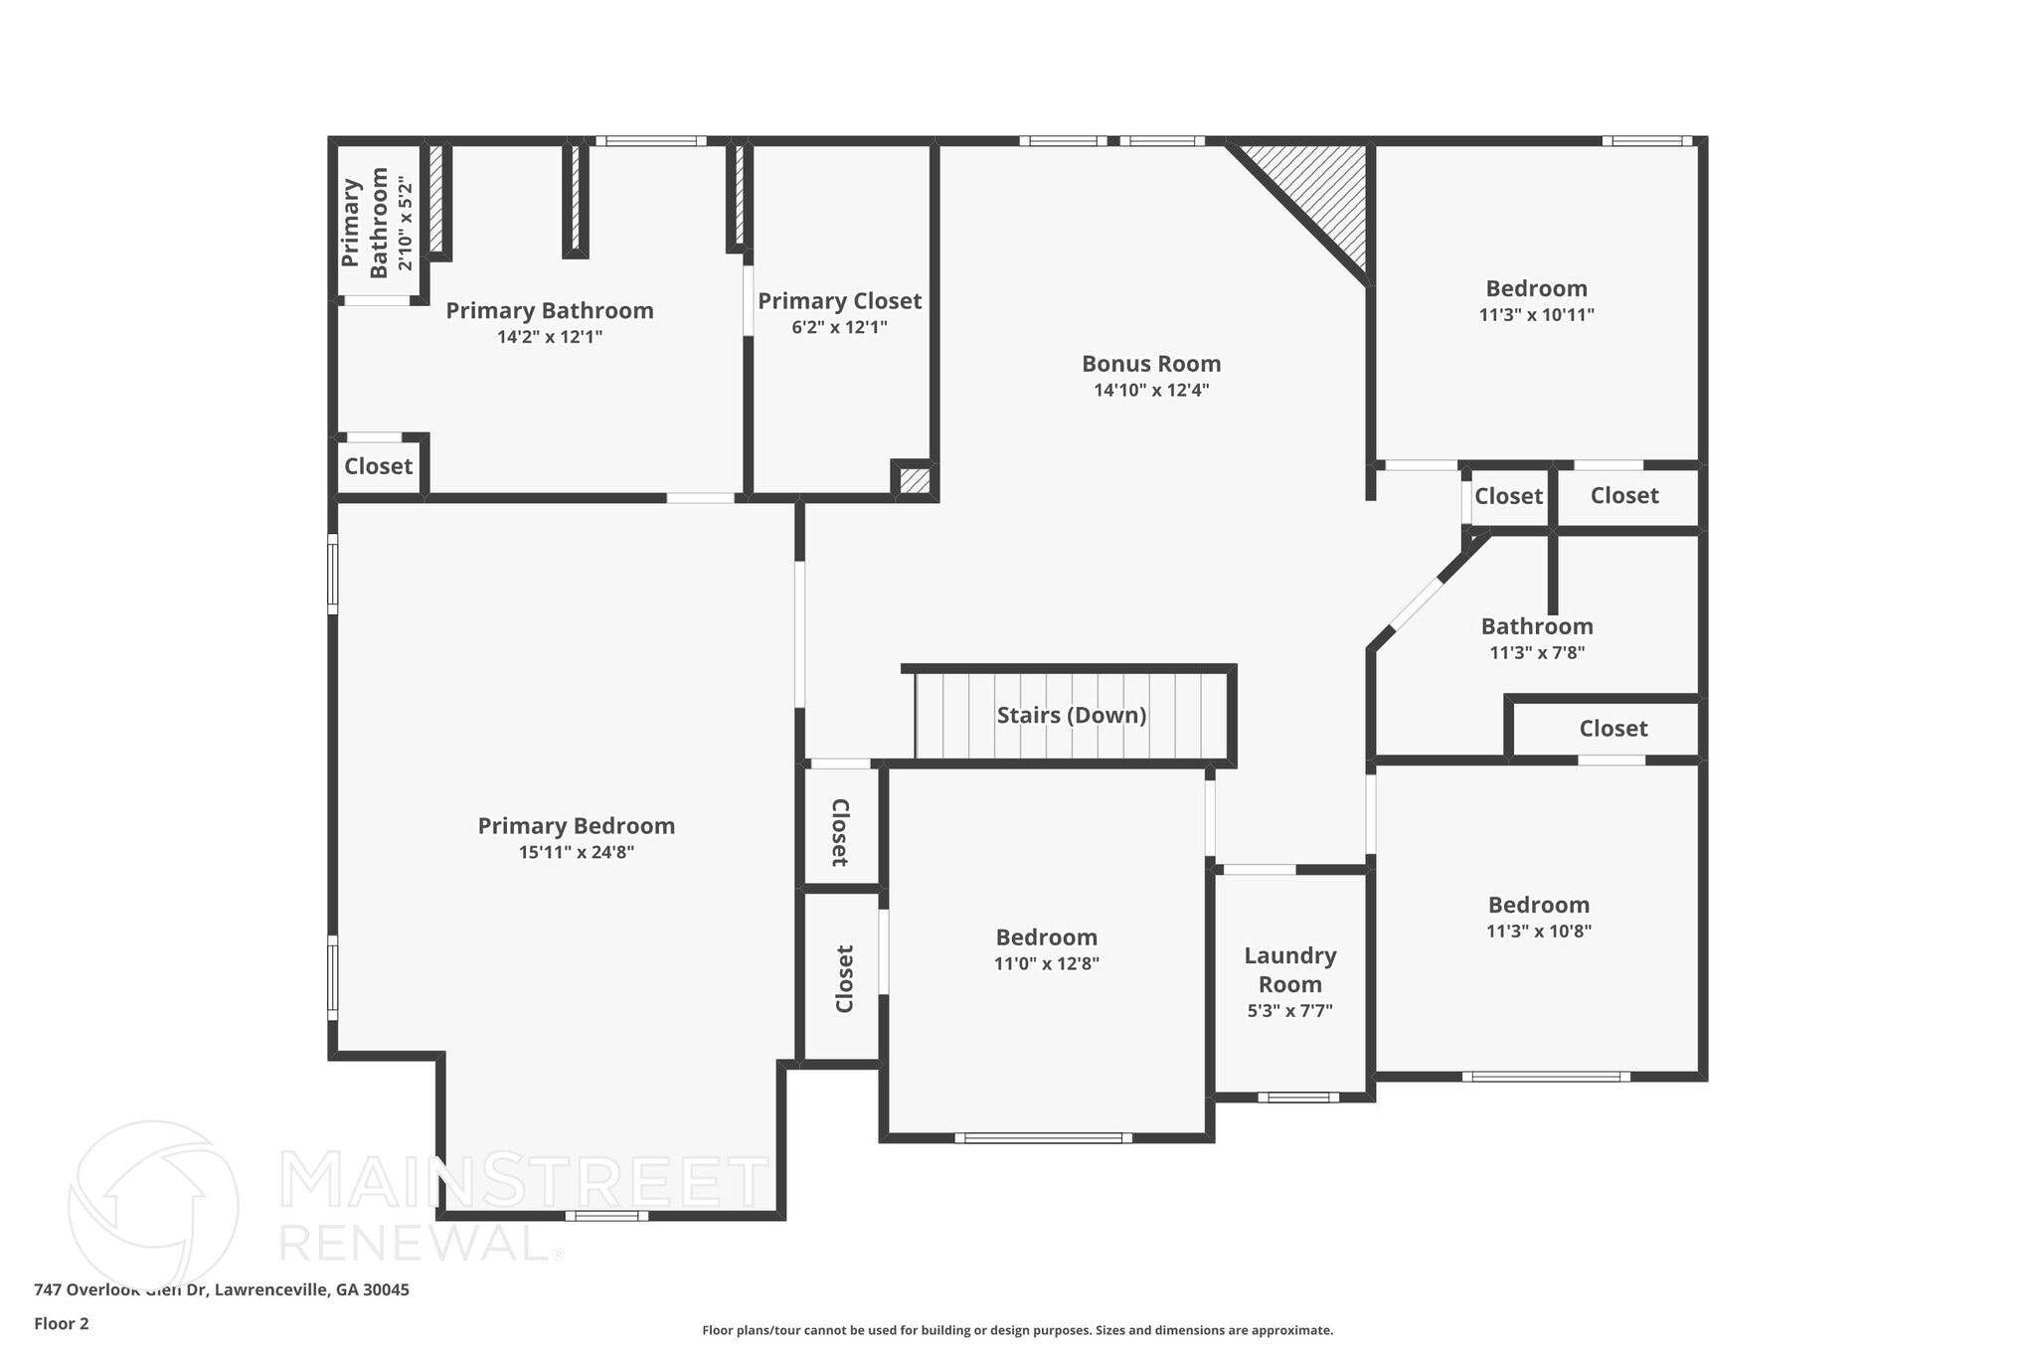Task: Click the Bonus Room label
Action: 1151,364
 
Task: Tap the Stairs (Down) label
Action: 1071,716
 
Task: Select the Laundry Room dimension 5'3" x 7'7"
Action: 1289,1011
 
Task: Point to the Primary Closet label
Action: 839,301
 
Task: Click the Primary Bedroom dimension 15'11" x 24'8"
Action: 576,852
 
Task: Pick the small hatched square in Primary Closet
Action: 915,481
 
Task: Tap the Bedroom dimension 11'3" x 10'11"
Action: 1536,315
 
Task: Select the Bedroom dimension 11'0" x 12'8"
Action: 1046,963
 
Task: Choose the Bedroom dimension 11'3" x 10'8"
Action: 1538,932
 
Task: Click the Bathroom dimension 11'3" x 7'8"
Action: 1536,653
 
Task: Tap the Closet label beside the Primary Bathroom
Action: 378,466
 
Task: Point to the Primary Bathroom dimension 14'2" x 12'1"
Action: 549,337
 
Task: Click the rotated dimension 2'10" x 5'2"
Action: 405,224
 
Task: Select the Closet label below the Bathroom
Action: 1612,729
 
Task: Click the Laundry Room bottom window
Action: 1297,1098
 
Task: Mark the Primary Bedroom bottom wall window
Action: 606,1216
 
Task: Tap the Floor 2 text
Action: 62,1323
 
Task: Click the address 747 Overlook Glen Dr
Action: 221,1289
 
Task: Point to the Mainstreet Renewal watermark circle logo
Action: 153,1205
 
